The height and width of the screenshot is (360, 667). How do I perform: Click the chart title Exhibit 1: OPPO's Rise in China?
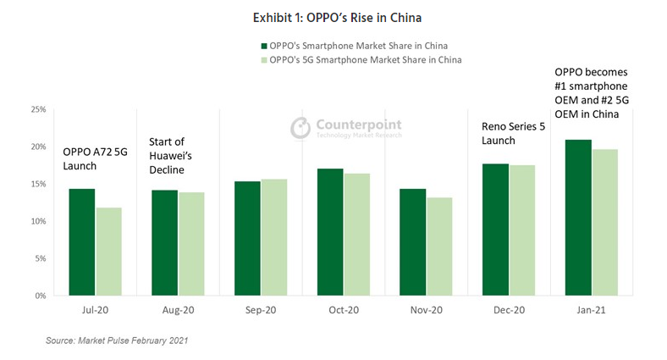333,16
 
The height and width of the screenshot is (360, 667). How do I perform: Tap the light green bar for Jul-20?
108,252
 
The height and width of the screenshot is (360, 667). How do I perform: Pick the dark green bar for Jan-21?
578,218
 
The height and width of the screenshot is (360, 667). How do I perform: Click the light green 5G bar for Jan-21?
604,223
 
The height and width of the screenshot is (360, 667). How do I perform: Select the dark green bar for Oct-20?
330,232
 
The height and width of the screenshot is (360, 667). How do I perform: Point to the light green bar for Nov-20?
439,246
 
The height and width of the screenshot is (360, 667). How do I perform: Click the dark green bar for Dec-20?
495,230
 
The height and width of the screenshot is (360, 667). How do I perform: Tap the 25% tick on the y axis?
39,109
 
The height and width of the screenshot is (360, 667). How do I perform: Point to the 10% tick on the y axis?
39,221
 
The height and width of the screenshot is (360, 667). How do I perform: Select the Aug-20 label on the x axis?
178,311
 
